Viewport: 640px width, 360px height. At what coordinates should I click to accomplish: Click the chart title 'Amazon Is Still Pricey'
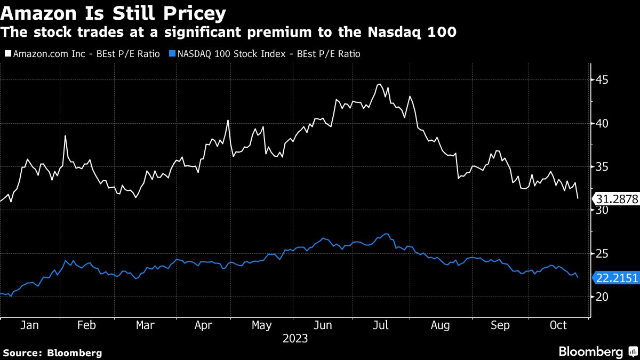click(113, 13)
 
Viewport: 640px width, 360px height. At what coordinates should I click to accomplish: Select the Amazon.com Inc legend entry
click(83, 54)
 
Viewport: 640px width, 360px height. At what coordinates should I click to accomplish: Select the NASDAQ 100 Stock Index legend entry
click(265, 54)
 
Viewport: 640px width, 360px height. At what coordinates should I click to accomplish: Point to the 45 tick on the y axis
click(602, 80)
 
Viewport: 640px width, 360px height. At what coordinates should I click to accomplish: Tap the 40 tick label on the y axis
click(602, 123)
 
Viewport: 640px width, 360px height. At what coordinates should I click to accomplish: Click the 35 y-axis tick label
click(602, 167)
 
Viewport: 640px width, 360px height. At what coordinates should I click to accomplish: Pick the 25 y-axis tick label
click(602, 253)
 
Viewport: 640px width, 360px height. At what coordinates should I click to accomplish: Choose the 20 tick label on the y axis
click(602, 297)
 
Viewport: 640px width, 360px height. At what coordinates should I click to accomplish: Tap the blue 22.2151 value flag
click(617, 278)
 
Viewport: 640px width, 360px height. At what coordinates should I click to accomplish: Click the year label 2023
click(295, 339)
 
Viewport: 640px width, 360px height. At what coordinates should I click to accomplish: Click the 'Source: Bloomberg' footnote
click(52, 353)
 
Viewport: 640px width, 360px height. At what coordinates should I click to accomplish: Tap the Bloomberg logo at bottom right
click(597, 351)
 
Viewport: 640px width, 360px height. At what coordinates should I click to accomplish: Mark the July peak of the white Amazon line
click(379, 84)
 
